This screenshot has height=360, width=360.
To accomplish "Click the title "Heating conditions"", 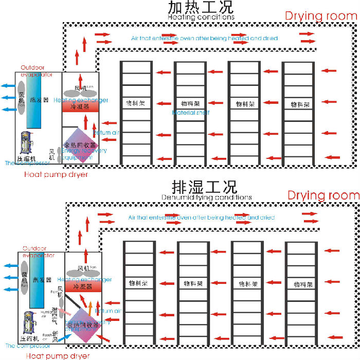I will point(201,16).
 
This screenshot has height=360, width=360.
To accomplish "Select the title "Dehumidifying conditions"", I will point(207,197).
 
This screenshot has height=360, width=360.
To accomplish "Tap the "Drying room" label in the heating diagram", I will point(321,15).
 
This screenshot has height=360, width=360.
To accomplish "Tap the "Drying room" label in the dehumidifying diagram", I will point(323,195).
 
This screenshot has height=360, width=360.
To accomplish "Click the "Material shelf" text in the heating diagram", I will point(191,112).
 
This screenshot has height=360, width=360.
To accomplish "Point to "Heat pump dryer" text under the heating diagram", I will point(56,174).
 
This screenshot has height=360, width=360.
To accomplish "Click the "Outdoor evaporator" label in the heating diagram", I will point(37,71).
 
